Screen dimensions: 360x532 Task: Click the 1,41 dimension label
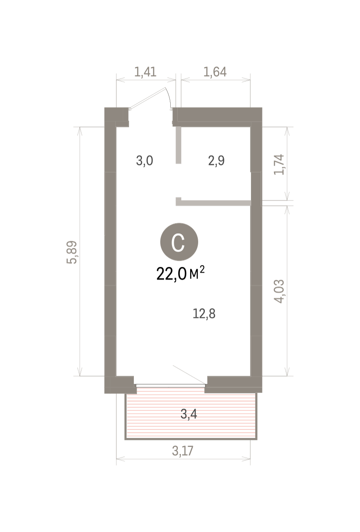[x=145, y=72]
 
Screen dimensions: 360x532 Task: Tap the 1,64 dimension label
[x=215, y=72]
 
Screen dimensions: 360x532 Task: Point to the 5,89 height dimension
[x=72, y=252]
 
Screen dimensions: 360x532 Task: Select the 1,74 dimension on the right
[x=279, y=164]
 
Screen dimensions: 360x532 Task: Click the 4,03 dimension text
[x=279, y=291]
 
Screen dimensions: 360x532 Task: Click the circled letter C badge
[x=179, y=242]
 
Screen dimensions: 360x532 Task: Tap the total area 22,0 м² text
[x=180, y=274]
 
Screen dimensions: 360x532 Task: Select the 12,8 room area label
[x=204, y=314]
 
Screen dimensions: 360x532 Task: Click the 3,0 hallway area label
[x=145, y=161]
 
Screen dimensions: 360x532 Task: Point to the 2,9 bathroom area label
[x=216, y=161]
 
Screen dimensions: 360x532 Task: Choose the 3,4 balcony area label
[x=189, y=415]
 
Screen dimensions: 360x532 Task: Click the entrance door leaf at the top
[x=148, y=98]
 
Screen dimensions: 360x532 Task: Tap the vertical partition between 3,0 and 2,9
[x=178, y=145]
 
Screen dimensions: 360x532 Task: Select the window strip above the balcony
[x=171, y=385]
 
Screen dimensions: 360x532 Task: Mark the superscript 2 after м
[x=202, y=269]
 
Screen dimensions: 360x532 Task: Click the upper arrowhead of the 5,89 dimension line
[x=80, y=131]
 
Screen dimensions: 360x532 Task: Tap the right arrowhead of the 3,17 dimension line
[x=246, y=460]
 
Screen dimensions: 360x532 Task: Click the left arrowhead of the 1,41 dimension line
[x=121, y=80]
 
